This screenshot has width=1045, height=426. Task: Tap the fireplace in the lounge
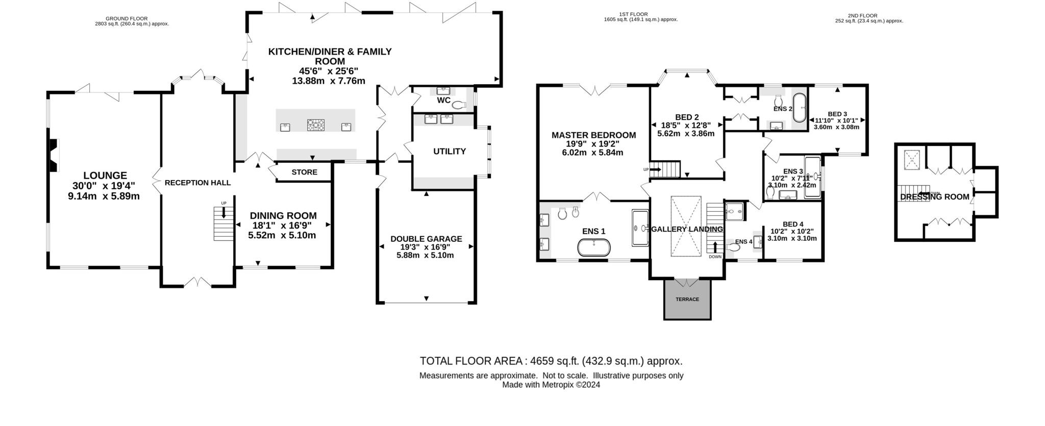click(x=53, y=156)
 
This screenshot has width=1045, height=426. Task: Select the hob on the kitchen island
click(x=316, y=124)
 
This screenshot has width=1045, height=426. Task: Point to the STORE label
click(x=305, y=172)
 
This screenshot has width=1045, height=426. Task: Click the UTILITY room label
click(x=450, y=152)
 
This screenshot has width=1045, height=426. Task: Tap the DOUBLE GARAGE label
click(x=426, y=239)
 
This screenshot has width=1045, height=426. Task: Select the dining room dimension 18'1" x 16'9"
click(x=282, y=225)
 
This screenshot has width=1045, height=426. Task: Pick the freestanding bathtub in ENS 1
click(x=594, y=247)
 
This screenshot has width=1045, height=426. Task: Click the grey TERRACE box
click(x=687, y=299)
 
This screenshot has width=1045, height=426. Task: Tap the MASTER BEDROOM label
click(x=594, y=135)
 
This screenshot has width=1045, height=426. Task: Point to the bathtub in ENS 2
click(x=799, y=107)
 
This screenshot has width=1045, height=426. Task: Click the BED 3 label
click(x=837, y=114)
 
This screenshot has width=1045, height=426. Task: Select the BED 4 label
click(x=793, y=224)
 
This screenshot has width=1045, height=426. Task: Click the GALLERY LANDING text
click(x=687, y=230)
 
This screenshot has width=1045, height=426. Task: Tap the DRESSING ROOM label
click(x=935, y=197)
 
